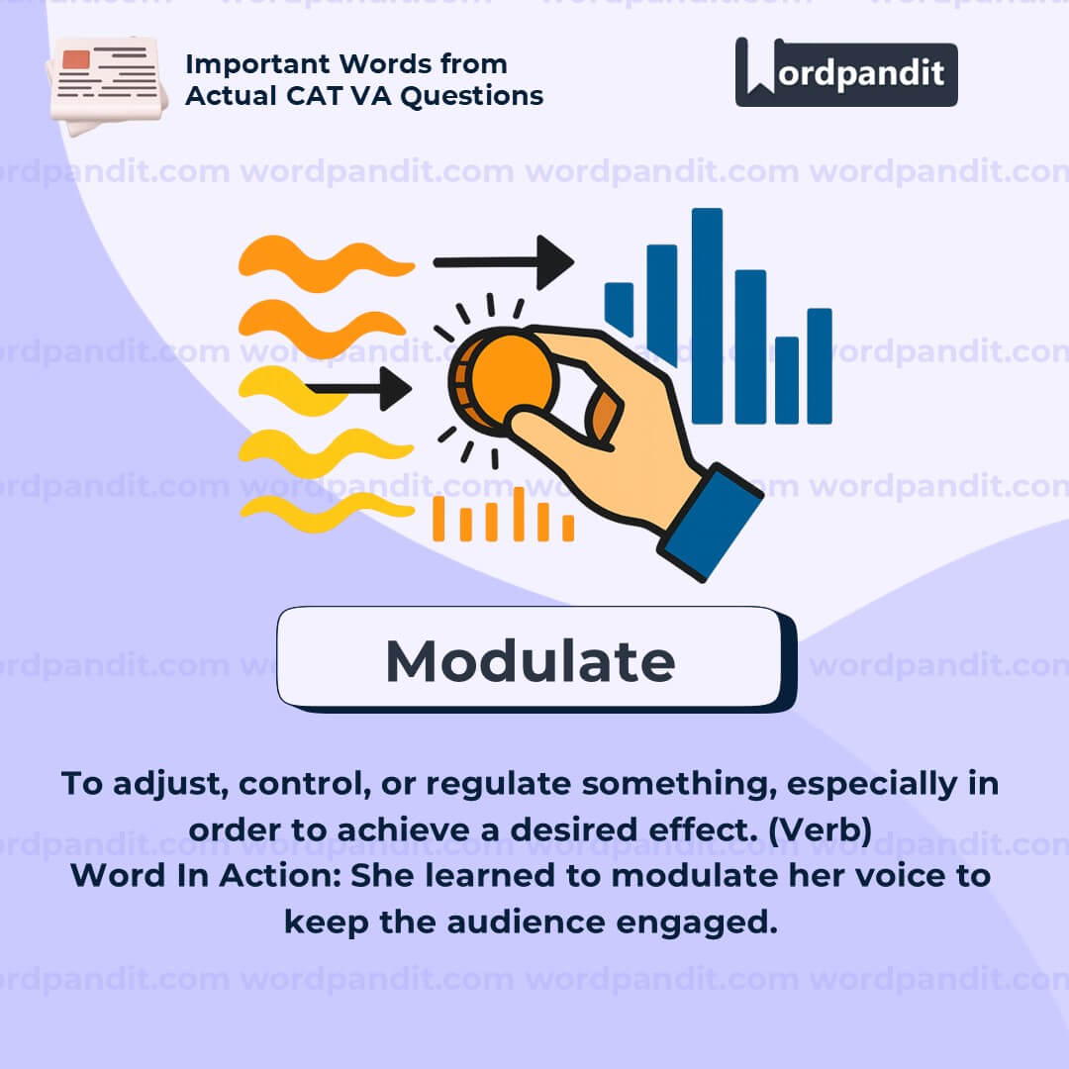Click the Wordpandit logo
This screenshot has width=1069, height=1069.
[x=846, y=72]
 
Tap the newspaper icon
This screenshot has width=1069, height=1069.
[x=107, y=84]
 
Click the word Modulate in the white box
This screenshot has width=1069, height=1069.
[x=531, y=660]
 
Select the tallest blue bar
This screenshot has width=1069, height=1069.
[x=707, y=316]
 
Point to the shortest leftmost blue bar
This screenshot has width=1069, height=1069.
[x=619, y=310]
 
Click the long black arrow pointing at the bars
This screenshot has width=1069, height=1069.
[x=503, y=262]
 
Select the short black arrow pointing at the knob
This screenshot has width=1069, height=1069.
[x=358, y=389]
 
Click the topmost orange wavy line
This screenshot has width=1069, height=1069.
[x=326, y=263]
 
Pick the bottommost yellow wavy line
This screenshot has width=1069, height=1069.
[x=327, y=512]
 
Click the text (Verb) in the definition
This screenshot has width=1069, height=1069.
[x=821, y=829]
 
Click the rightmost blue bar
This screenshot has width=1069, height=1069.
[x=820, y=366]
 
